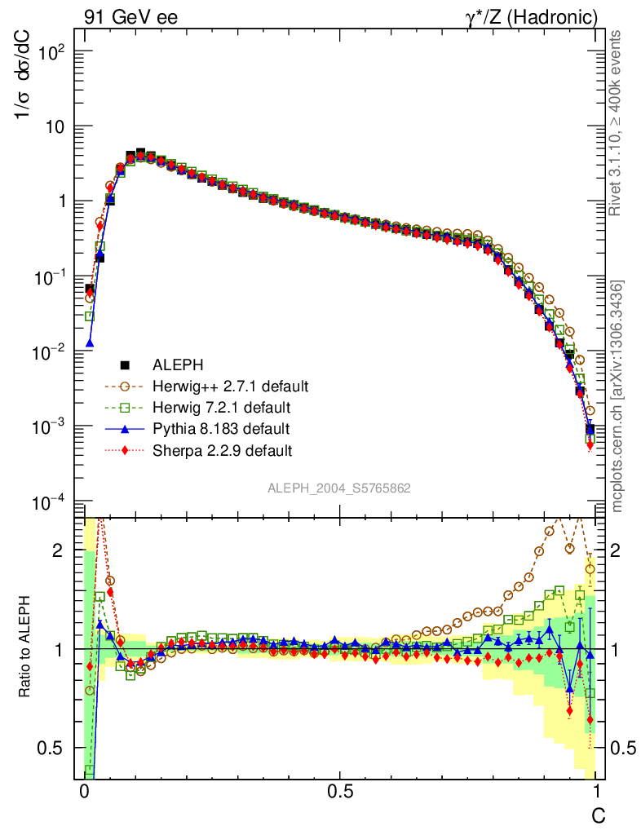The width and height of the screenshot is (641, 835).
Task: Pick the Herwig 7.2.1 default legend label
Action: [x=223, y=407]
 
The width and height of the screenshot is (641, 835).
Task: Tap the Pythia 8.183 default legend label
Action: [x=220, y=428]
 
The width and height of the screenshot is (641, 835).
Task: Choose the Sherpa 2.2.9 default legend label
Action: [x=222, y=449]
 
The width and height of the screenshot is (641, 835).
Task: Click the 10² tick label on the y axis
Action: [x=46, y=52]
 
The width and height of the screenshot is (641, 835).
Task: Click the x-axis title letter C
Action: [x=598, y=814]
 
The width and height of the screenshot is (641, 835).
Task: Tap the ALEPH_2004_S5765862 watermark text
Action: [x=339, y=488]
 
